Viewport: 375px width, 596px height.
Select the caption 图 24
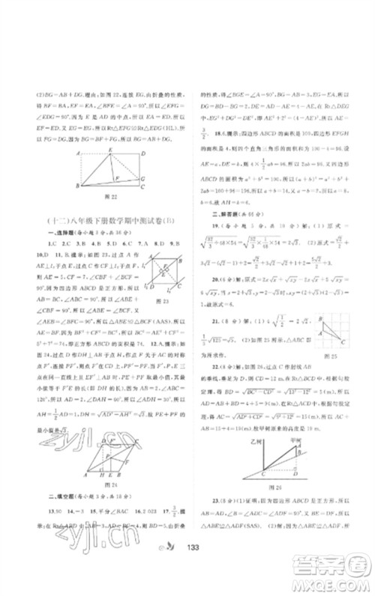[114, 484]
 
